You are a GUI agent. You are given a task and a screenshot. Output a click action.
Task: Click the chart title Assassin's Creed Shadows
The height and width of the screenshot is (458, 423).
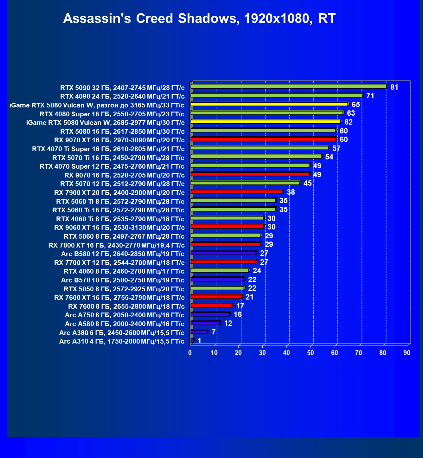[199, 19]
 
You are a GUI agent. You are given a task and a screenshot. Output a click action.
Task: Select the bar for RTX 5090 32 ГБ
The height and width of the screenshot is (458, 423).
[288, 87]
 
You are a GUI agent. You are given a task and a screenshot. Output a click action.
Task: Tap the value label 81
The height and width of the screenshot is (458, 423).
[394, 87]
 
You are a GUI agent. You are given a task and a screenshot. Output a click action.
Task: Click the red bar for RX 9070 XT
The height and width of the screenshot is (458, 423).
[263, 139]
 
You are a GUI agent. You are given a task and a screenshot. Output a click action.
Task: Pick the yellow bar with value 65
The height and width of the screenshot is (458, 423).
[269, 104]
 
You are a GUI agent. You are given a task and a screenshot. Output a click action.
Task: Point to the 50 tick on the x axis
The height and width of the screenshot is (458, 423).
[311, 353]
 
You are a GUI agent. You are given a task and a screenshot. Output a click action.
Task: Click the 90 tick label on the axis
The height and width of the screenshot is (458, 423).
[407, 353]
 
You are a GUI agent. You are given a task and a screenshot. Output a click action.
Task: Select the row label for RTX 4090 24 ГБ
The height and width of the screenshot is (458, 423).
[122, 96]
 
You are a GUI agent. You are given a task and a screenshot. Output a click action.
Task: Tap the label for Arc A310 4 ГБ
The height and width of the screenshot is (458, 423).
[122, 341]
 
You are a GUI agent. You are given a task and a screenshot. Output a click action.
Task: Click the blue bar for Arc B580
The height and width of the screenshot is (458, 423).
[223, 253]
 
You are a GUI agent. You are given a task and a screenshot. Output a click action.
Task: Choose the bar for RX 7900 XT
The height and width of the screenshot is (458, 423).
[237, 191]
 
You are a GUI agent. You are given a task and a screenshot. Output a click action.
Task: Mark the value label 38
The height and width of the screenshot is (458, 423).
[291, 192]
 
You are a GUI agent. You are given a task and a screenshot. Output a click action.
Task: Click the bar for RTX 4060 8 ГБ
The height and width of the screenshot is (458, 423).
[220, 270]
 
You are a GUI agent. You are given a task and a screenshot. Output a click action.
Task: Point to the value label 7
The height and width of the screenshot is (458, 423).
[214, 332]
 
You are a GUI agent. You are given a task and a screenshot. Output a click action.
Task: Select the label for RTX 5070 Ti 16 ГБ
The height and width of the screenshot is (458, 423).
[118, 158]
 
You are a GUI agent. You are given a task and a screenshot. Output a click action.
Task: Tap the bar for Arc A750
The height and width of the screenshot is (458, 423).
[210, 314]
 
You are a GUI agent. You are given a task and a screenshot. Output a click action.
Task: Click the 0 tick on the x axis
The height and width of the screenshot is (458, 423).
[190, 353]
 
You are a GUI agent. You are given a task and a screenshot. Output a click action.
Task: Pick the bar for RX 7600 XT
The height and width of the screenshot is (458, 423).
[216, 297]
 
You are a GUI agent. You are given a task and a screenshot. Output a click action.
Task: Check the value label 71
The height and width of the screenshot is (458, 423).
[370, 96]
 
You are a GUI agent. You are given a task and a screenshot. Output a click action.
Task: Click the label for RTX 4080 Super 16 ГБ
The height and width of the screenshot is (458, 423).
[112, 114]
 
